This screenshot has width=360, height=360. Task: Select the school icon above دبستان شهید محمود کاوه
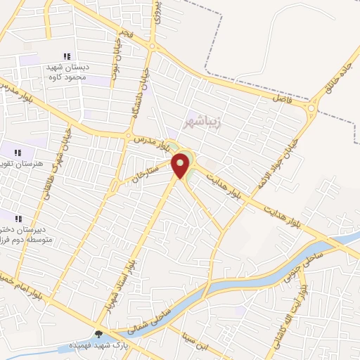[67, 56]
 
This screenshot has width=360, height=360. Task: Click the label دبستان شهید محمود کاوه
[66, 72]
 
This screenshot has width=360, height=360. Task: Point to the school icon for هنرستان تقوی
[18, 152]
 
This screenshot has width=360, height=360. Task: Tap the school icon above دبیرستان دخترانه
[18, 218]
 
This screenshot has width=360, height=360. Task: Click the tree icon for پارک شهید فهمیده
[98, 334]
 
